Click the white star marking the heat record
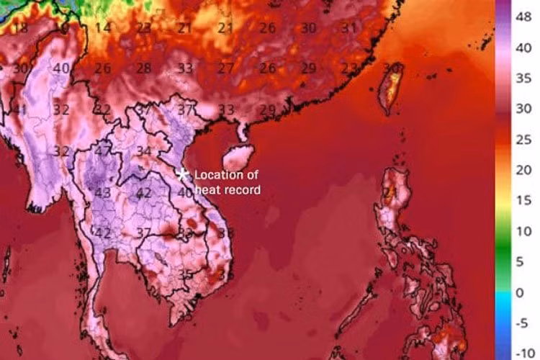(x=183, y=174)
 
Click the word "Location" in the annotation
(x=218, y=175)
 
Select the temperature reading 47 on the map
(x=103, y=151)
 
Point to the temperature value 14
(x=103, y=28)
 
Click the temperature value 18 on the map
(x=20, y=28)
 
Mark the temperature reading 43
(x=103, y=193)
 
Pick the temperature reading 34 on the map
(x=144, y=151)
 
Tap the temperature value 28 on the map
(x=144, y=68)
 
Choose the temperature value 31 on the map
(x=349, y=28)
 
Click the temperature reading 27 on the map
(x=226, y=68)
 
